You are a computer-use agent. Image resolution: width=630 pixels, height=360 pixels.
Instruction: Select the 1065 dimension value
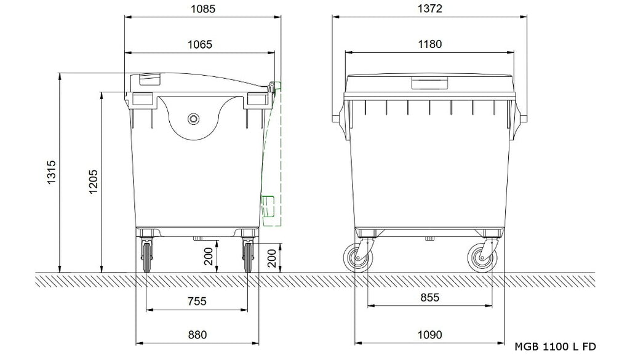[x=200, y=44]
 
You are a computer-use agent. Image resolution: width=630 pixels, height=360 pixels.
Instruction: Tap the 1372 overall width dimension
[x=429, y=9]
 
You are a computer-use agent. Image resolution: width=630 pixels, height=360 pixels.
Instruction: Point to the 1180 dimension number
[x=429, y=44]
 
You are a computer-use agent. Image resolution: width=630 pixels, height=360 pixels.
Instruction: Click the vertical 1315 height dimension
[x=51, y=172]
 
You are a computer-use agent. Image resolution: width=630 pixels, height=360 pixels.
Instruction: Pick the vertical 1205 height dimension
[x=93, y=182]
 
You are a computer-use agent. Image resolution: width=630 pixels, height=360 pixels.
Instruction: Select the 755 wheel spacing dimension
[x=197, y=301]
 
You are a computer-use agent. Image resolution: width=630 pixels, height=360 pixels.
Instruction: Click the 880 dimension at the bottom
[x=197, y=335]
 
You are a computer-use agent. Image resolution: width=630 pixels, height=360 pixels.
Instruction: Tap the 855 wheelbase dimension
[x=429, y=297]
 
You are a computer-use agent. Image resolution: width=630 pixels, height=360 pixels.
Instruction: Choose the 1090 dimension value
[x=429, y=335]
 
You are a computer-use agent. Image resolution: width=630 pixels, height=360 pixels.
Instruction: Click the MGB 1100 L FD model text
[x=554, y=347]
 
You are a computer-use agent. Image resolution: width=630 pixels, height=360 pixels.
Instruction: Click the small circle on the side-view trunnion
[x=194, y=118]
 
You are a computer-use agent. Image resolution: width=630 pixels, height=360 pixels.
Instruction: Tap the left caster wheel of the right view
[x=357, y=257]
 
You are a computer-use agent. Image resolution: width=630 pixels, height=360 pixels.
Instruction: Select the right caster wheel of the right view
[x=480, y=257]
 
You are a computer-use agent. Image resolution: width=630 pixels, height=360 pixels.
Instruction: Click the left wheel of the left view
[x=146, y=255]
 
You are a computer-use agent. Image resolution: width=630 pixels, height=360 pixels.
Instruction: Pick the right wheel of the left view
[x=248, y=255]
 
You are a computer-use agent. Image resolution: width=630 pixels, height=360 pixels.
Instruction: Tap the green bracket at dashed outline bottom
[x=268, y=206]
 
